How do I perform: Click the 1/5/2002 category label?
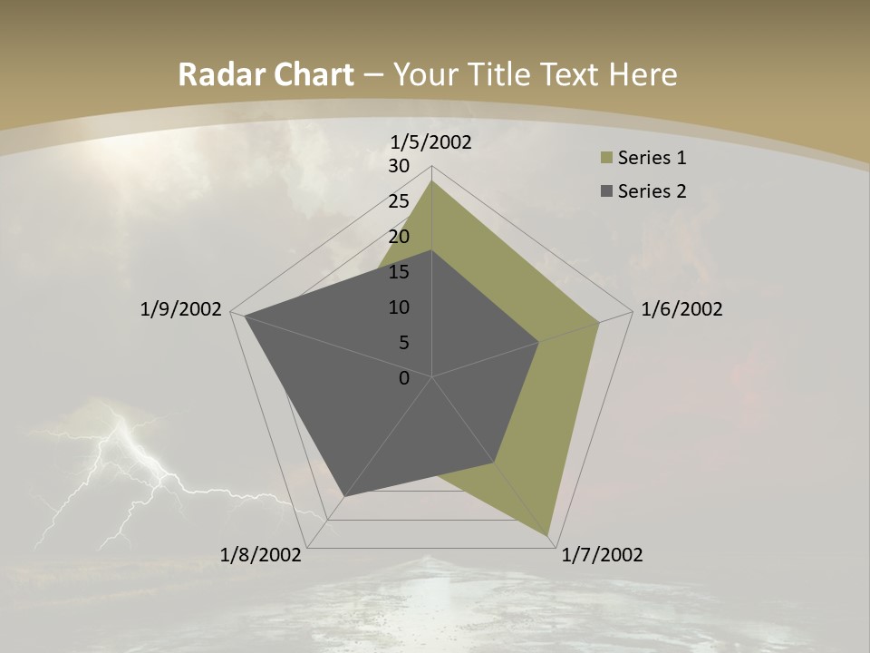pos(431,141)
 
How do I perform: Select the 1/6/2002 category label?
pos(681,309)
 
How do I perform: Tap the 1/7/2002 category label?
pos(602,555)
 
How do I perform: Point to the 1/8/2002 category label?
pos(261,555)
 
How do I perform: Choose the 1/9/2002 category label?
pos(181,309)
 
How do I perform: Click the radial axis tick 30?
pos(399,166)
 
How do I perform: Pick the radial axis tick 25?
pos(399,201)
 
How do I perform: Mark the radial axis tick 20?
pos(399,237)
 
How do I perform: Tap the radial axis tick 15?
pos(399,272)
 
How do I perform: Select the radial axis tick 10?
pos(399,307)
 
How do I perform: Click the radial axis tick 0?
pos(404,378)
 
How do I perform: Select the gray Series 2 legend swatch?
pos(605,191)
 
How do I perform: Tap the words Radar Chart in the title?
pos(266,74)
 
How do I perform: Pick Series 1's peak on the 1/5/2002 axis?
pos(431,181)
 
